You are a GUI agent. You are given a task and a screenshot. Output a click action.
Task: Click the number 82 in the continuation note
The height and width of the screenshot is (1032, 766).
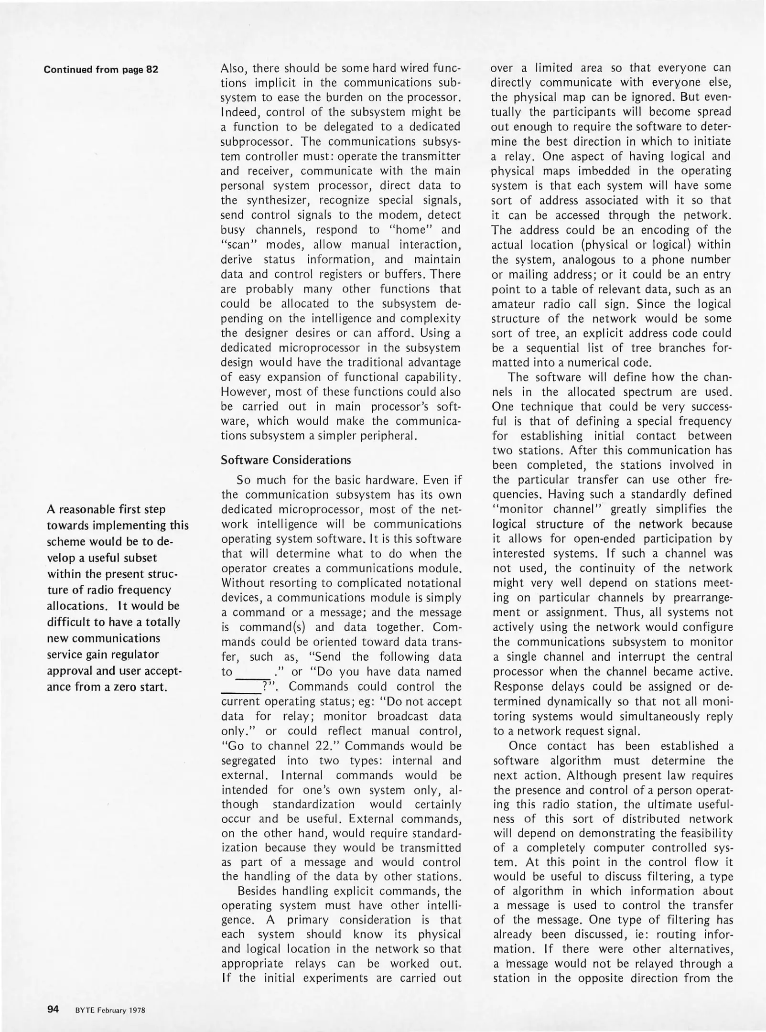(x=151, y=69)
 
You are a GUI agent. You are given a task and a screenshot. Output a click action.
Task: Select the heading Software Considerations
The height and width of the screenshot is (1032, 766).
(x=286, y=460)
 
